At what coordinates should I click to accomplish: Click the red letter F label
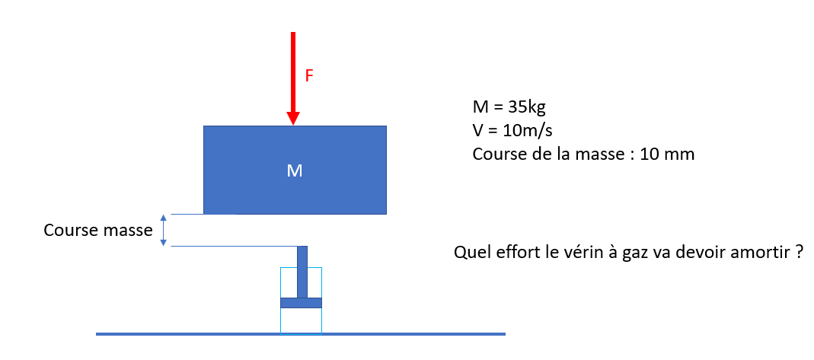309,76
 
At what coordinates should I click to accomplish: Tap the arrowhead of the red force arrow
293,118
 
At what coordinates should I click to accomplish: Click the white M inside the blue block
295,170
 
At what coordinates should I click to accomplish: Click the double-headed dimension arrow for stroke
162,230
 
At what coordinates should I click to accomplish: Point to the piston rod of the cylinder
302,271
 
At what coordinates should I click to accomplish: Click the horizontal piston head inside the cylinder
301,303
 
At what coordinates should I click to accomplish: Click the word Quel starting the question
468,252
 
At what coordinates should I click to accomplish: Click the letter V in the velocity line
478,129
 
